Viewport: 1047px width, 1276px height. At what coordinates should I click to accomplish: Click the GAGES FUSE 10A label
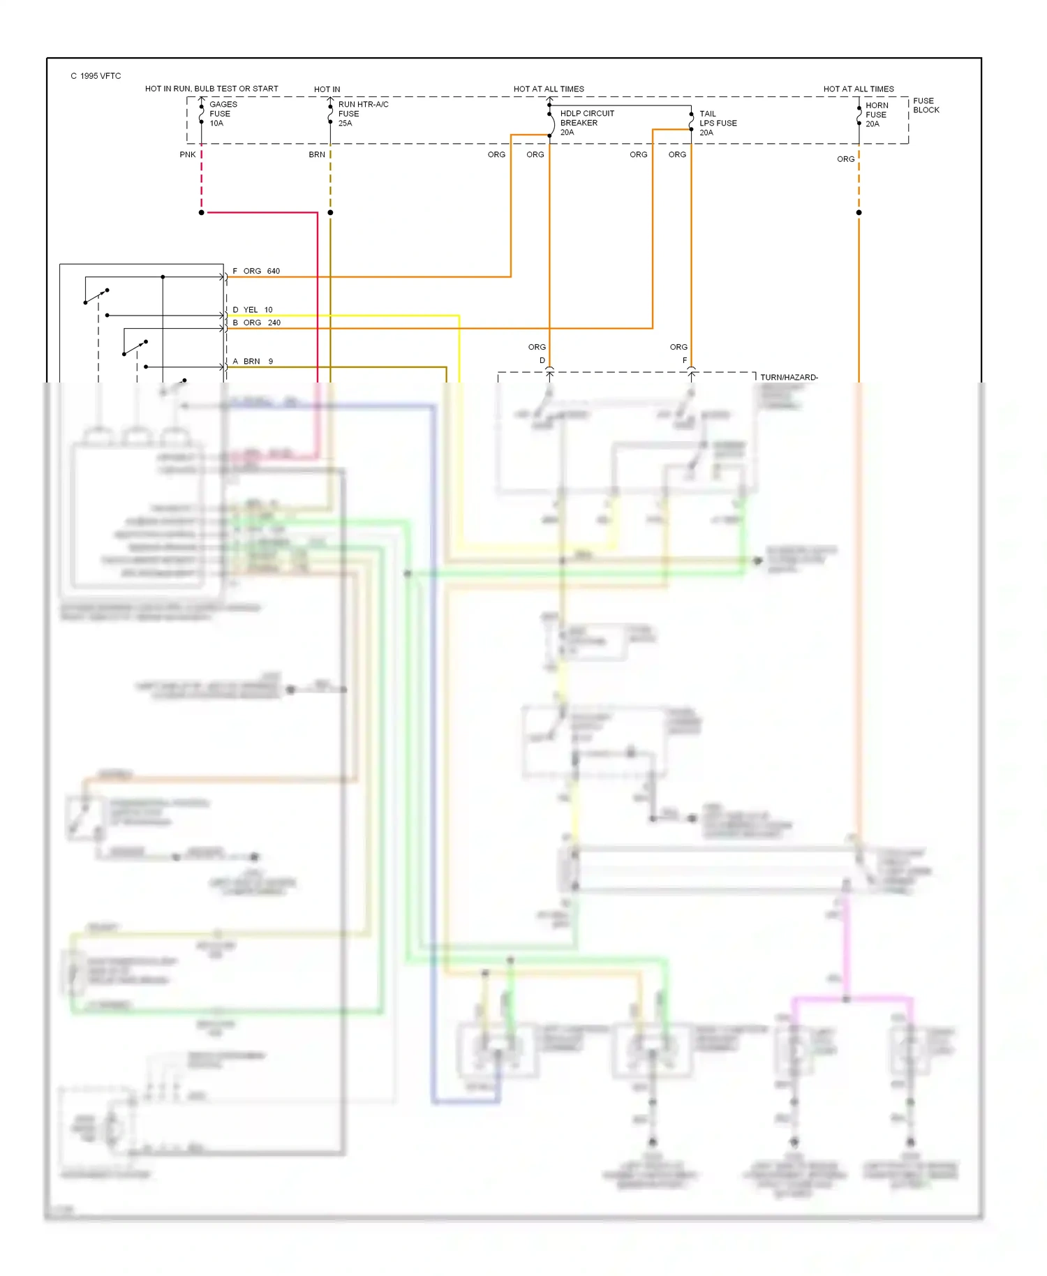pos(223,114)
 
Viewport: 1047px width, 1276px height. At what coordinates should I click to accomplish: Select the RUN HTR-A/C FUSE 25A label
pos(362,114)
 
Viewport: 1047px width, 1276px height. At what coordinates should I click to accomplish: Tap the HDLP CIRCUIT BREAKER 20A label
pos(586,123)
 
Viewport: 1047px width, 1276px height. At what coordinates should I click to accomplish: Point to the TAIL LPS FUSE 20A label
pos(718,123)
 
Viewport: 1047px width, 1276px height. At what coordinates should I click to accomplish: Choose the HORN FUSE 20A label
pos(876,114)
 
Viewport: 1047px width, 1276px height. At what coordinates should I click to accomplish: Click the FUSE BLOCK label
pos(926,105)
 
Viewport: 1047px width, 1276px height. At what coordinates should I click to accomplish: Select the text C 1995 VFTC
pos(96,76)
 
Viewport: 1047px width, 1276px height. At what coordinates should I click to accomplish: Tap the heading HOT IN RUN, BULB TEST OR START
pos(211,89)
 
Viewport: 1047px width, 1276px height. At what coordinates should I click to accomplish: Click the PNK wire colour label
pos(187,155)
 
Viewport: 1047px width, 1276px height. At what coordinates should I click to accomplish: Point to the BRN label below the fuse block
pos(316,155)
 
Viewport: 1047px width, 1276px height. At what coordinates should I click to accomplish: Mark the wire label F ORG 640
pos(256,271)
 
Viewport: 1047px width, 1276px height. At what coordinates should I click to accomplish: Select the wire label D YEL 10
pos(253,310)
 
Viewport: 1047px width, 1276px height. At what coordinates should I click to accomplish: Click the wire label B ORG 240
pos(256,322)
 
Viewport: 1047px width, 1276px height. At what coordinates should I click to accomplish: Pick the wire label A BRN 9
pos(253,362)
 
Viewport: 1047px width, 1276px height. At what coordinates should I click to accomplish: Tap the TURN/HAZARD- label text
pos(789,378)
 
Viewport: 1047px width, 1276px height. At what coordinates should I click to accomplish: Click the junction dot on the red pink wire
pos(202,212)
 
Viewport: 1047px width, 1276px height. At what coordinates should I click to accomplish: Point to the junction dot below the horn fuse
pos(859,212)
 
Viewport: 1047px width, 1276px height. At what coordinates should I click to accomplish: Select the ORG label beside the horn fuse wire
pos(845,159)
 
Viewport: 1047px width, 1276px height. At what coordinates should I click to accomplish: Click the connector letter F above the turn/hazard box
pos(685,360)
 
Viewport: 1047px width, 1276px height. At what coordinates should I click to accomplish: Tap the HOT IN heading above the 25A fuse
pos(327,89)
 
